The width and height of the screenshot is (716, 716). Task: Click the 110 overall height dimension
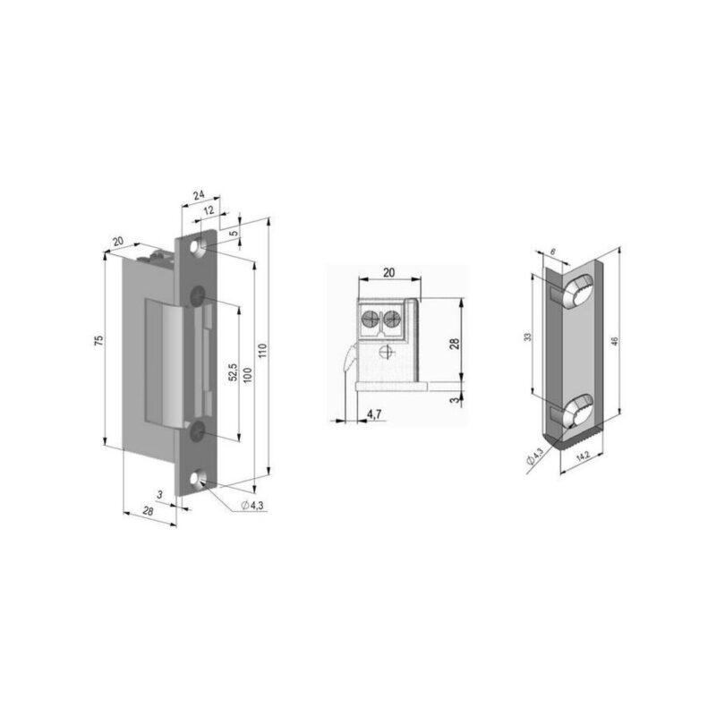pyautogui.click(x=262, y=352)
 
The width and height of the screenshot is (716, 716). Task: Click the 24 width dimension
pyautogui.click(x=199, y=192)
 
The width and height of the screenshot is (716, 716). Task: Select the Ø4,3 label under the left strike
pyautogui.click(x=252, y=506)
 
